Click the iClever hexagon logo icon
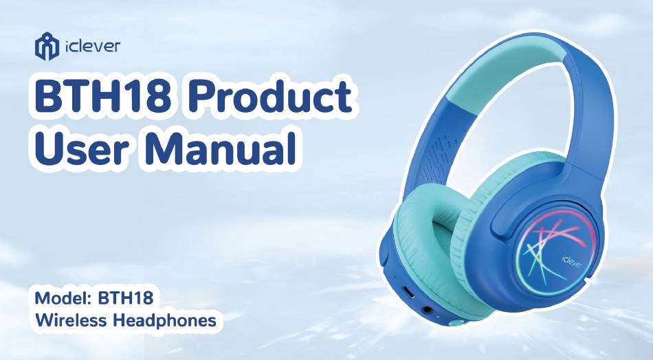[47, 46]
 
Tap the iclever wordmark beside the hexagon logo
[93, 46]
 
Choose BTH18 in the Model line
[125, 298]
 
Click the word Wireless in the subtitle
[70, 320]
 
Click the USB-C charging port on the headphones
[408, 292]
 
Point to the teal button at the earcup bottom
[458, 322]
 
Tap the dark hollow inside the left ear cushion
[442, 233]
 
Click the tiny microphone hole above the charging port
[395, 277]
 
